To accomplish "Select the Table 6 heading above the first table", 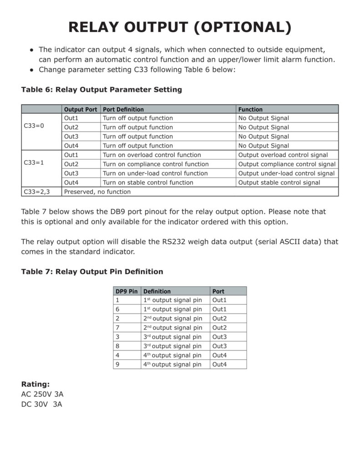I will [x=101, y=90].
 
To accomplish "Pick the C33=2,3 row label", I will [x=36, y=192].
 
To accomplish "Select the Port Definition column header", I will [x=123, y=109].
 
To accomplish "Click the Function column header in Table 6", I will [x=250, y=109].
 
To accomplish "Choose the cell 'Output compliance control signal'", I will [x=287, y=164].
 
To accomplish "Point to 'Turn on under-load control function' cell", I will [x=155, y=173].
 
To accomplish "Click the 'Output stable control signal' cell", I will [x=279, y=182].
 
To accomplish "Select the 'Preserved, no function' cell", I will [x=97, y=192].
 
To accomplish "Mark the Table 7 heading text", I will [x=92, y=272].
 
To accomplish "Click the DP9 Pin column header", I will [x=127, y=291].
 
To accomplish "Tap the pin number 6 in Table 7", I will [x=117, y=309].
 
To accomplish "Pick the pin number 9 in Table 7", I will [x=117, y=365].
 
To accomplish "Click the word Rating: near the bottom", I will [x=35, y=384].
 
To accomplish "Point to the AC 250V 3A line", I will [x=42, y=394].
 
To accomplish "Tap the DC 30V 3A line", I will [x=41, y=404].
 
